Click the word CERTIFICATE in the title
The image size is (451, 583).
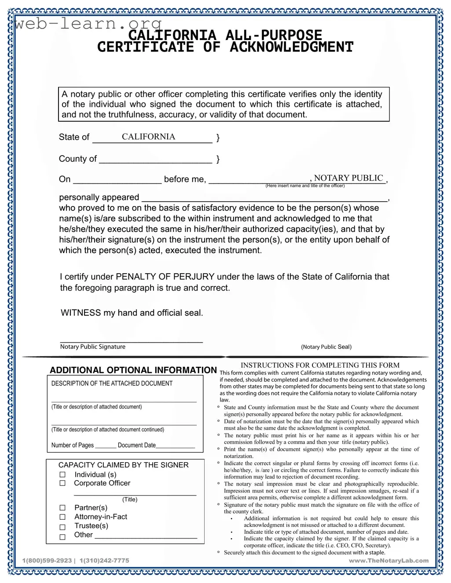pyautogui.click(x=145, y=47)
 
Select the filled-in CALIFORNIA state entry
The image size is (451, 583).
pyautogui.click(x=148, y=137)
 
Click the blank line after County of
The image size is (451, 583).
pyautogui.click(x=155, y=159)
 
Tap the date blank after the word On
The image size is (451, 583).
pyautogui.click(x=117, y=180)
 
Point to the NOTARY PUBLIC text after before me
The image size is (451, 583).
pyautogui.click(x=348, y=178)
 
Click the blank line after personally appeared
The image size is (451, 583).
pyautogui.click(x=264, y=198)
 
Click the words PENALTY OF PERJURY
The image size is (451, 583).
pyautogui.click(x=165, y=277)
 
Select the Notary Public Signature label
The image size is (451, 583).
pyautogui.click(x=93, y=347)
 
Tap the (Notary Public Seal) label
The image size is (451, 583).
pyautogui.click(x=326, y=347)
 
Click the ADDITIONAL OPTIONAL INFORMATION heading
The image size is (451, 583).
pyautogui.click(x=133, y=370)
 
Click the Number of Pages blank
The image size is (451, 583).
pyautogui.click(x=106, y=445)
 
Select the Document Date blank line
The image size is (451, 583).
pyautogui.click(x=175, y=445)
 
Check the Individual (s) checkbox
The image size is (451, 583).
pyautogui.click(x=62, y=474)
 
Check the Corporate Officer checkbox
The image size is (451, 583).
pyautogui.click(x=62, y=483)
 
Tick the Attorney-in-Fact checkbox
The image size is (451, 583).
pyautogui.click(x=62, y=517)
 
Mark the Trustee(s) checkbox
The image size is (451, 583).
pyautogui.click(x=62, y=527)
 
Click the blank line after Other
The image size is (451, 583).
pyautogui.click(x=146, y=536)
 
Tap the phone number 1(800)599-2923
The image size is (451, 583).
pyautogui.click(x=47, y=561)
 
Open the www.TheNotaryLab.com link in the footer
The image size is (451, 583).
pyautogui.click(x=389, y=561)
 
